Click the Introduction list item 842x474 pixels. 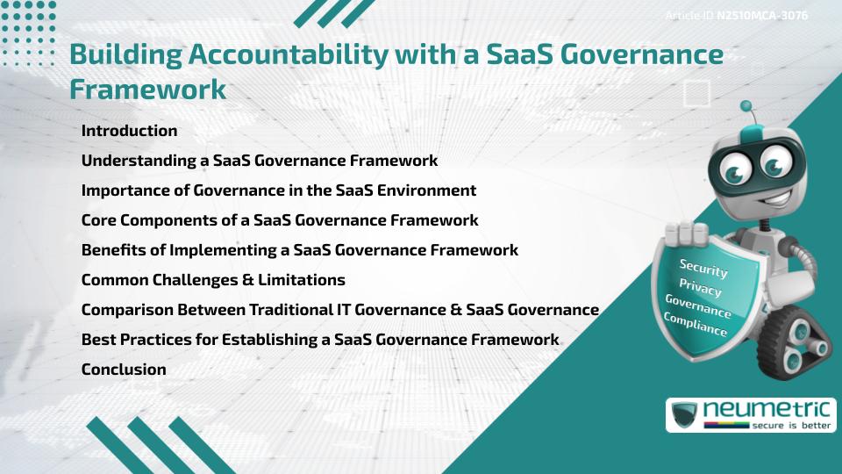[129, 131]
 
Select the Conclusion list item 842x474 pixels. [124, 370]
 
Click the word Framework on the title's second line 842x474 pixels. [147, 90]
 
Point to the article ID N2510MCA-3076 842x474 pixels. [761, 16]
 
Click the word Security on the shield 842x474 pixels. [703, 268]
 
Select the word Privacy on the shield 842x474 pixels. [700, 288]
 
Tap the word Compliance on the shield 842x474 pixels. [696, 325]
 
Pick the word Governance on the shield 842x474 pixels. [698, 306]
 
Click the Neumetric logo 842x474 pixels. [750, 414]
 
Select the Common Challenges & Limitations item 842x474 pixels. [213, 280]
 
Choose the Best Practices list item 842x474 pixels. [320, 340]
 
